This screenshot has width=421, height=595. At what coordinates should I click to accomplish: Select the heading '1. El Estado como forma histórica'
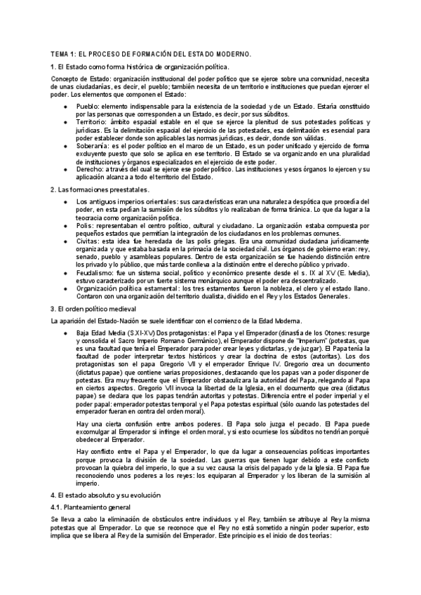click(140, 66)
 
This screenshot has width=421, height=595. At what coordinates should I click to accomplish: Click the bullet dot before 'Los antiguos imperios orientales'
click(65, 202)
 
